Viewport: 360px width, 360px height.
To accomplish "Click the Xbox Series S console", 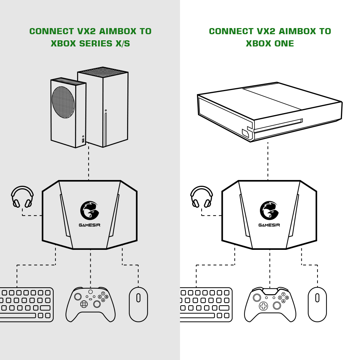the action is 68,112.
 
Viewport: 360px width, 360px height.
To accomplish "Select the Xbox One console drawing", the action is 270,112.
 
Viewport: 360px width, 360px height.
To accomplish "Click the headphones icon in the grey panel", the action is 22,197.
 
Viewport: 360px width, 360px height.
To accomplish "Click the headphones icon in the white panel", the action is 202,197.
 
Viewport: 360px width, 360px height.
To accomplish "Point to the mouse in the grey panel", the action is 138,304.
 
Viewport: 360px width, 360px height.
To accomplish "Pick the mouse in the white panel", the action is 317,304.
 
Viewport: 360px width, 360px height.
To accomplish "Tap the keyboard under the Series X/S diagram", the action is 27,305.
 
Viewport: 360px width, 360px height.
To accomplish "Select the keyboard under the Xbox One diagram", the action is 206,305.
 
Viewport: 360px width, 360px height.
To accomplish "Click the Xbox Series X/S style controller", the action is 90,304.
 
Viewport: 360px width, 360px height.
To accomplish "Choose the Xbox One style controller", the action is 270,304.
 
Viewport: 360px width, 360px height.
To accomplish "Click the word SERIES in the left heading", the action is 96,44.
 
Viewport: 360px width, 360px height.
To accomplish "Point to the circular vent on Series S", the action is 63,102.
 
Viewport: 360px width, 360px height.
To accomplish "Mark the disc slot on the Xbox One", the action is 278,126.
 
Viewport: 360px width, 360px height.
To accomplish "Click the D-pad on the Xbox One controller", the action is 264,306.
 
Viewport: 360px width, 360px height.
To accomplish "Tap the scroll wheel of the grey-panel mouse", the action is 139,298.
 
